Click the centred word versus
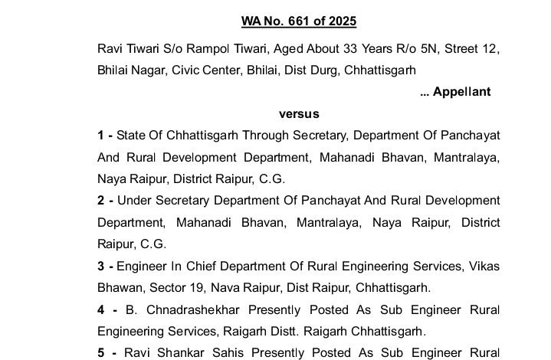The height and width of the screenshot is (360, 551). point(299,114)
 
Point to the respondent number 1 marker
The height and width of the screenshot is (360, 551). point(101,136)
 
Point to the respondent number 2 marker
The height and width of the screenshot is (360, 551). point(101,201)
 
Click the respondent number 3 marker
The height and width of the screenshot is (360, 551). point(101,267)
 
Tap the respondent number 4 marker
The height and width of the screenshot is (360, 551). point(101,310)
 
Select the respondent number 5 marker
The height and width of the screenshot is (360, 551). point(101,354)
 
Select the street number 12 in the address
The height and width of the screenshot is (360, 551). point(491,49)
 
